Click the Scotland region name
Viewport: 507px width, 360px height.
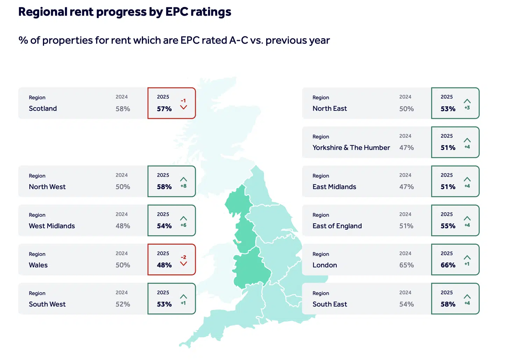[43, 108]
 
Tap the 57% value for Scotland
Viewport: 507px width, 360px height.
[164, 109]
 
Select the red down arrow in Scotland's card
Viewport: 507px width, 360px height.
[184, 107]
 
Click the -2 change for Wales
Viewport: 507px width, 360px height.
[183, 257]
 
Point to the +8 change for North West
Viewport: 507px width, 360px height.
[184, 186]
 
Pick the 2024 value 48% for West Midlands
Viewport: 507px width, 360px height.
[123, 226]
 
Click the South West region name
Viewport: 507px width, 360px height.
[47, 304]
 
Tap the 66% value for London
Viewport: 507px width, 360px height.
[448, 265]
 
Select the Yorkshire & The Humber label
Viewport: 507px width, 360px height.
[351, 147]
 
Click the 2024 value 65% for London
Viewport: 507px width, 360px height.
[406, 265]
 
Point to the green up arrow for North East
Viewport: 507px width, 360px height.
[467, 101]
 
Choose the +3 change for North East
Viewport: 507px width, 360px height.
[467, 108]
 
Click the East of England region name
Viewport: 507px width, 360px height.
[337, 226]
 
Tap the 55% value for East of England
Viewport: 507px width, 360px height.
[448, 226]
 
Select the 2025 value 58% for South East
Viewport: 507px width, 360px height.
[448, 304]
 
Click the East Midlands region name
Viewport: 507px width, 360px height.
[334, 187]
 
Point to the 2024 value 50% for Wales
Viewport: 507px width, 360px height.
[123, 265]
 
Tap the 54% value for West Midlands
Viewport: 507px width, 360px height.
[164, 226]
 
